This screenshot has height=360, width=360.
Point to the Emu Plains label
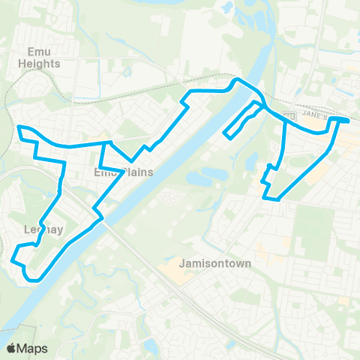click(124, 172)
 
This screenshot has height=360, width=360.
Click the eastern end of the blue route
click(347, 120)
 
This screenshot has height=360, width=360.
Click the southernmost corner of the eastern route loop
click(277, 200)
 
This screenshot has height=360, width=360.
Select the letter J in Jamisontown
click(183, 263)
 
